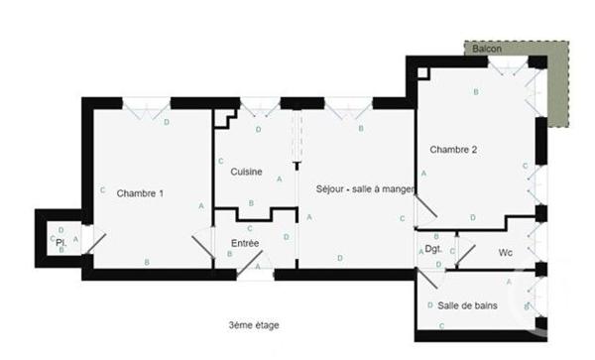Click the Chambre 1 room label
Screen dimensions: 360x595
[140, 192]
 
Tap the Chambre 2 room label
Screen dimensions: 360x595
[453, 150]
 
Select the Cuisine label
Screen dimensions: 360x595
[246, 172]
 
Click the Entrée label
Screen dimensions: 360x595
[245, 242]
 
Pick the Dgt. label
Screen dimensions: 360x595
[432, 249]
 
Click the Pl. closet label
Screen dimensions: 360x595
[59, 241]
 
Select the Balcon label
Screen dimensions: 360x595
[486, 49]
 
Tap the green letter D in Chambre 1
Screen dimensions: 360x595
[166, 122]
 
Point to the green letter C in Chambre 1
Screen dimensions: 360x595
[102, 190]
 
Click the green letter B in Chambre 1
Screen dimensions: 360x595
[147, 261]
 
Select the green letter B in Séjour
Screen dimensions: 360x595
[360, 129]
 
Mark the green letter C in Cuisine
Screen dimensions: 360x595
[220, 161]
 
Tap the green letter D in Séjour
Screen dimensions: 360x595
[340, 258]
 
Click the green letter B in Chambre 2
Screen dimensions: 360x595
[476, 92]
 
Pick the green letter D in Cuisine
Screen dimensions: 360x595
[258, 129]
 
